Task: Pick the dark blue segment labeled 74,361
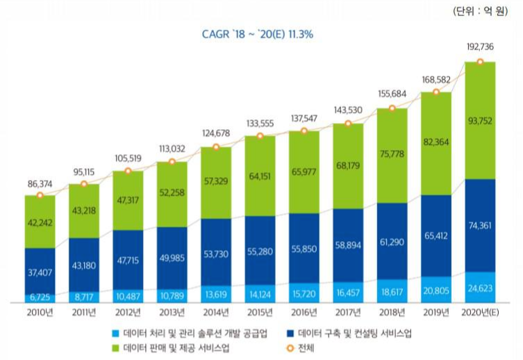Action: click(x=479, y=225)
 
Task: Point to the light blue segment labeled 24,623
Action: click(x=479, y=287)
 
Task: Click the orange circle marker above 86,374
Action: click(x=40, y=195)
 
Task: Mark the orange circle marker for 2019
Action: click(x=435, y=92)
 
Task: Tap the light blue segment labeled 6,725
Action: click(x=40, y=297)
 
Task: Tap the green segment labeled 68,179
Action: click(x=347, y=166)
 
